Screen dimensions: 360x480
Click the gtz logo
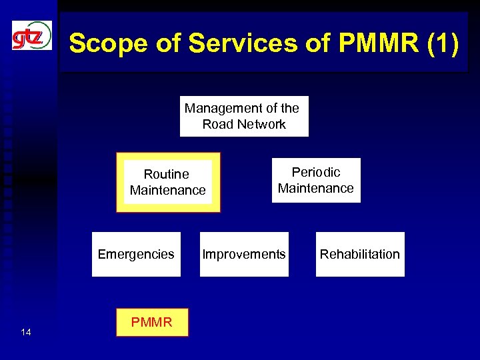31,35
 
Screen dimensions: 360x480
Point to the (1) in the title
441,44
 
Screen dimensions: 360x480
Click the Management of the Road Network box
244,116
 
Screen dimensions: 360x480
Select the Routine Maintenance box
168,182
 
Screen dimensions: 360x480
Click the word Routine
167,174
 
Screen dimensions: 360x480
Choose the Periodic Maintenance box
316,180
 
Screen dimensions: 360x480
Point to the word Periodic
316,172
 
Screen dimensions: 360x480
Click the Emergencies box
136,254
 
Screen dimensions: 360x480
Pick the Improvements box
244,254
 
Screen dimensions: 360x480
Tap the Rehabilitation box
360,254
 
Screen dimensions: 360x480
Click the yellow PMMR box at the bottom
152,323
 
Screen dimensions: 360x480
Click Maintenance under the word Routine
168,191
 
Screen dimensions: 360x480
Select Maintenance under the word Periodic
316,188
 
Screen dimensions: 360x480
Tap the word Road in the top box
217,124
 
